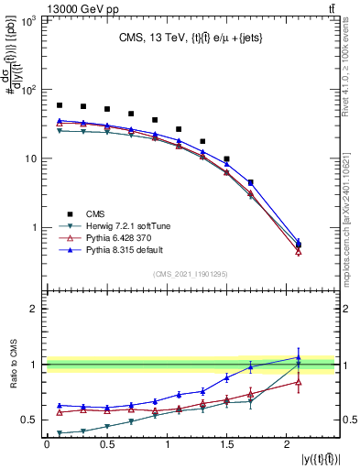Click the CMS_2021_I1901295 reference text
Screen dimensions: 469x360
point(191,274)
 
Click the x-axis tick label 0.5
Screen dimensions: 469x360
point(106,444)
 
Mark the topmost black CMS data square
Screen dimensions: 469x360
point(60,105)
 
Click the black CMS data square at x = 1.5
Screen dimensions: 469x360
point(226,158)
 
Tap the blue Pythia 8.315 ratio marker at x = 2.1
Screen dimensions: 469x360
point(299,358)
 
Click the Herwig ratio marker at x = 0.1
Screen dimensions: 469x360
point(60,433)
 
